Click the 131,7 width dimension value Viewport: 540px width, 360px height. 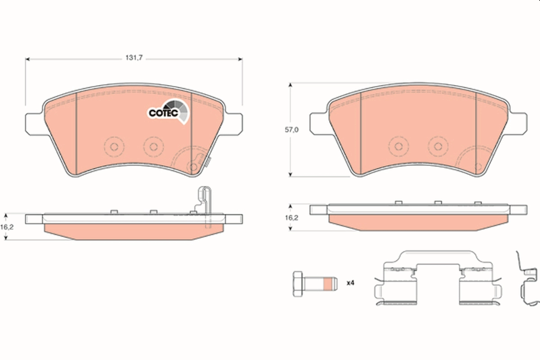pyautogui.click(x=134, y=58)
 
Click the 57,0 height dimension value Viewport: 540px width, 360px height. pyautogui.click(x=292, y=130)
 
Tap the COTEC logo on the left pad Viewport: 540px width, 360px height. pyautogui.click(x=168, y=112)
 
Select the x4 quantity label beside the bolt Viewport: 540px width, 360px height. pyautogui.click(x=350, y=283)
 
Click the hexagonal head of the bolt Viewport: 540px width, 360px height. pyautogui.click(x=298, y=284)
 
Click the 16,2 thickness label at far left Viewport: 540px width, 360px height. pyautogui.click(x=7, y=227)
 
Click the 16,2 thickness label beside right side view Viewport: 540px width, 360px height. pyautogui.click(x=292, y=218)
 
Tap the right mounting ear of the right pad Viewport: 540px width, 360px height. pyautogui.click(x=517, y=124)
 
